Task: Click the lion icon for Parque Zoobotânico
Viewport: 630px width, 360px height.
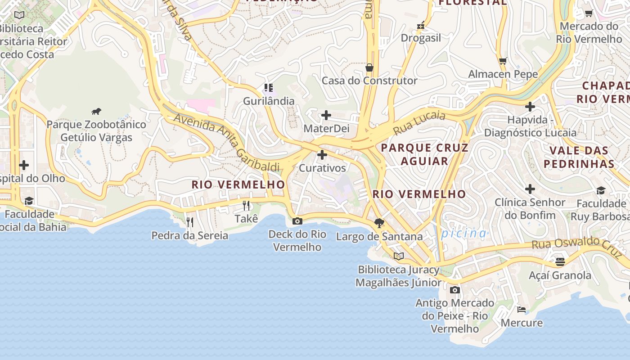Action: pos(96,111)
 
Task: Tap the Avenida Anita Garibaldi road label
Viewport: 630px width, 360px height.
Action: pos(226,142)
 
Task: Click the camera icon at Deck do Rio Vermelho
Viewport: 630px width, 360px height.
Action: pos(297,221)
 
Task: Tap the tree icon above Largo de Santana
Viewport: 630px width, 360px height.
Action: pos(379,223)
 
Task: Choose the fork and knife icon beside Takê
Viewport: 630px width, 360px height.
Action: pos(246,206)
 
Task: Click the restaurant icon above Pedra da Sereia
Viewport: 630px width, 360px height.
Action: pos(190,222)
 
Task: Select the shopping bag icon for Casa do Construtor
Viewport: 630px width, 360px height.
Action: pos(369,67)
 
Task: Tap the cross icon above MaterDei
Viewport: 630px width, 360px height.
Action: pos(326,116)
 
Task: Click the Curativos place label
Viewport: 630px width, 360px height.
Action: pos(323,168)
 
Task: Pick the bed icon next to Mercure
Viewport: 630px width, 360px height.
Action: pos(522,309)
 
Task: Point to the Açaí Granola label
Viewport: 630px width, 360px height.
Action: pos(560,275)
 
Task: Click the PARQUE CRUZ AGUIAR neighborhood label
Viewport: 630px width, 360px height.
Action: pos(424,154)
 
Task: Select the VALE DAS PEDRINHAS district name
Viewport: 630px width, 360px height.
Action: pos(579,157)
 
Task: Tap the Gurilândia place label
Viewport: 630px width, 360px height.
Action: pos(269,101)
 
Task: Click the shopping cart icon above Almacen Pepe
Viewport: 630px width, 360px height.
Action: pos(503,61)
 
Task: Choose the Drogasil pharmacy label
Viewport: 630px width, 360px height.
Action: pos(421,38)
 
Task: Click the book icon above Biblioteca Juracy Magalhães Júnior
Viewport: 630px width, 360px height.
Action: pos(398,256)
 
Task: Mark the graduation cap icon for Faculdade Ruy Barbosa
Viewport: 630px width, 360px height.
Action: pos(601,190)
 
